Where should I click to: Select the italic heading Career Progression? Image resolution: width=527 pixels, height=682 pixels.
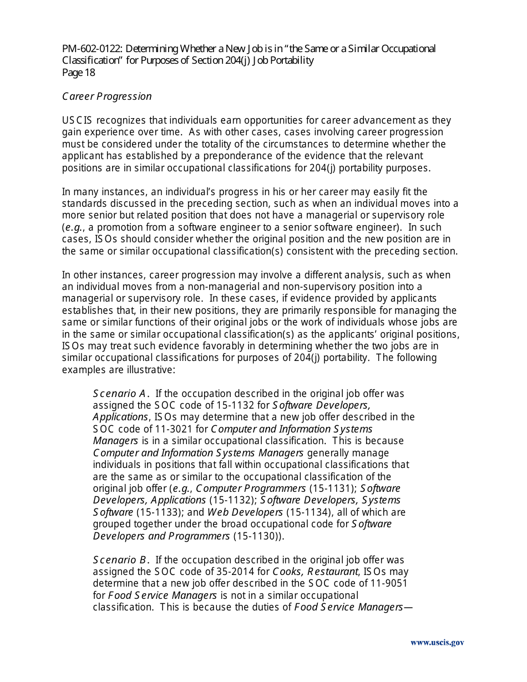(107, 96)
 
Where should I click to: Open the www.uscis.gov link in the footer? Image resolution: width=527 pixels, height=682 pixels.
(437, 643)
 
